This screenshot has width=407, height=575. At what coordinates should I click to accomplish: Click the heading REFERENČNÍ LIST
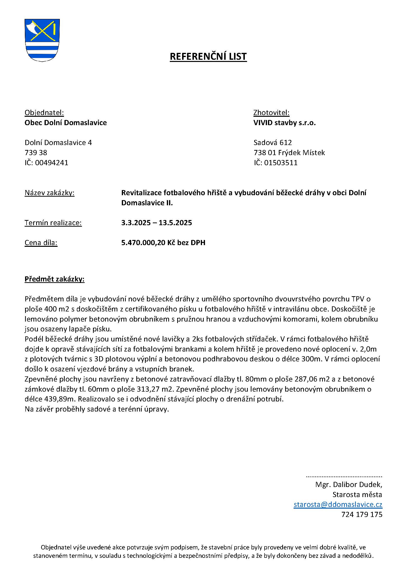(208, 57)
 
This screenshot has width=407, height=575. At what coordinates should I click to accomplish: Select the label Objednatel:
(44, 113)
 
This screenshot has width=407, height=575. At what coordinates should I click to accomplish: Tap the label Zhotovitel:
(271, 113)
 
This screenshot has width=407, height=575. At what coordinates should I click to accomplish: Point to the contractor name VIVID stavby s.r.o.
(284, 123)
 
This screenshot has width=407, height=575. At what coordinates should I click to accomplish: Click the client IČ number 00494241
(51, 163)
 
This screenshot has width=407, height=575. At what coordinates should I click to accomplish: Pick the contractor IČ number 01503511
(281, 163)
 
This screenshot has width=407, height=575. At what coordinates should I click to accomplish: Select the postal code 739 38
(36, 153)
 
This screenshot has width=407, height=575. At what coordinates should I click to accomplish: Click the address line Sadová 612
(273, 143)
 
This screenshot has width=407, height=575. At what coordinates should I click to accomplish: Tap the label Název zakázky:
(49, 193)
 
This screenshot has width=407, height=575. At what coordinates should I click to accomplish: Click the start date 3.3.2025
(136, 223)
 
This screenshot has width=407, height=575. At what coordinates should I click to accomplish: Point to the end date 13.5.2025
(175, 223)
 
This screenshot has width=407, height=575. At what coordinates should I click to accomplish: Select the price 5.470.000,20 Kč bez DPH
(163, 243)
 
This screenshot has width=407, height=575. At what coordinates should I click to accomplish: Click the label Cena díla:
(41, 243)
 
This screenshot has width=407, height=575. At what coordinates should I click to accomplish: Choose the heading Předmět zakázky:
(54, 279)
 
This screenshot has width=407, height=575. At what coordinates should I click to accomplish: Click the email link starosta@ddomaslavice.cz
(338, 504)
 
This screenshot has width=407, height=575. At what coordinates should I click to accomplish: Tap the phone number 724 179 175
(362, 514)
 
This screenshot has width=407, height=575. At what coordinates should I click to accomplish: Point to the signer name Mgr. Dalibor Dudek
(348, 485)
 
